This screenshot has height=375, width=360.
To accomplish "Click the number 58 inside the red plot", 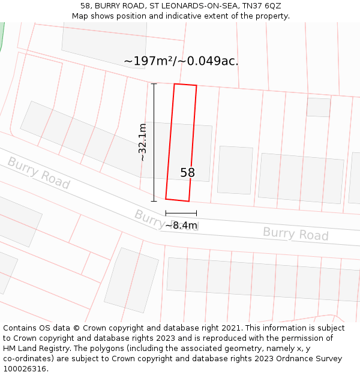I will [x=187, y=173].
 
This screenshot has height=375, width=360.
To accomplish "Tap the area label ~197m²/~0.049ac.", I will [x=181, y=61].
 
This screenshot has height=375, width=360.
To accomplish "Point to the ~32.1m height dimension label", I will [x=142, y=142].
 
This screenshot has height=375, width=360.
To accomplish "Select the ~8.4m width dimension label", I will [x=181, y=226].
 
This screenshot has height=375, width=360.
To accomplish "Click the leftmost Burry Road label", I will [x=38, y=173].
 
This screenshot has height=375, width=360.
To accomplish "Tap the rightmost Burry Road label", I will [x=295, y=233].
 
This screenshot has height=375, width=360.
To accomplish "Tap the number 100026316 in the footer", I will [x=25, y=368].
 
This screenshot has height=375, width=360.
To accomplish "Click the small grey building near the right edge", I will [x=318, y=107].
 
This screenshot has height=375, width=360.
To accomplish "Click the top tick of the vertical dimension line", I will [x=154, y=84].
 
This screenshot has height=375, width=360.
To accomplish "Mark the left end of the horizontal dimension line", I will [x=166, y=213].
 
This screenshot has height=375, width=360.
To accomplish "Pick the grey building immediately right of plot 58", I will [x=235, y=170].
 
